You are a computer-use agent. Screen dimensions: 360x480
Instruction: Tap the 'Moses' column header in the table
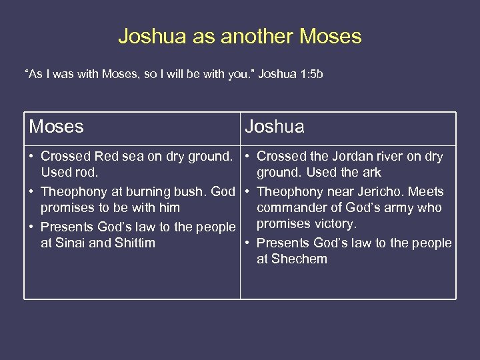tap(56, 127)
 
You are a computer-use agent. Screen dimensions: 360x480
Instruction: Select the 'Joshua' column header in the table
tap(274, 127)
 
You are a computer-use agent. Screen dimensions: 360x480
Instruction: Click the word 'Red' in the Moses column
tap(105, 157)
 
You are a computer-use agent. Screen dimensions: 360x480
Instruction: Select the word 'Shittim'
tap(135, 243)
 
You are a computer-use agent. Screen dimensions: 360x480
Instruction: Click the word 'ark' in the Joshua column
tap(371, 173)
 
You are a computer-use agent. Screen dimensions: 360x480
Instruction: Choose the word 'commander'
tap(291, 208)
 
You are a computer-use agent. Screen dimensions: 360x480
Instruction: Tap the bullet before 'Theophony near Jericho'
tap(247, 192)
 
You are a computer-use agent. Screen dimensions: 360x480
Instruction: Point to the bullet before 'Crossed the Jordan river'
tap(247, 157)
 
